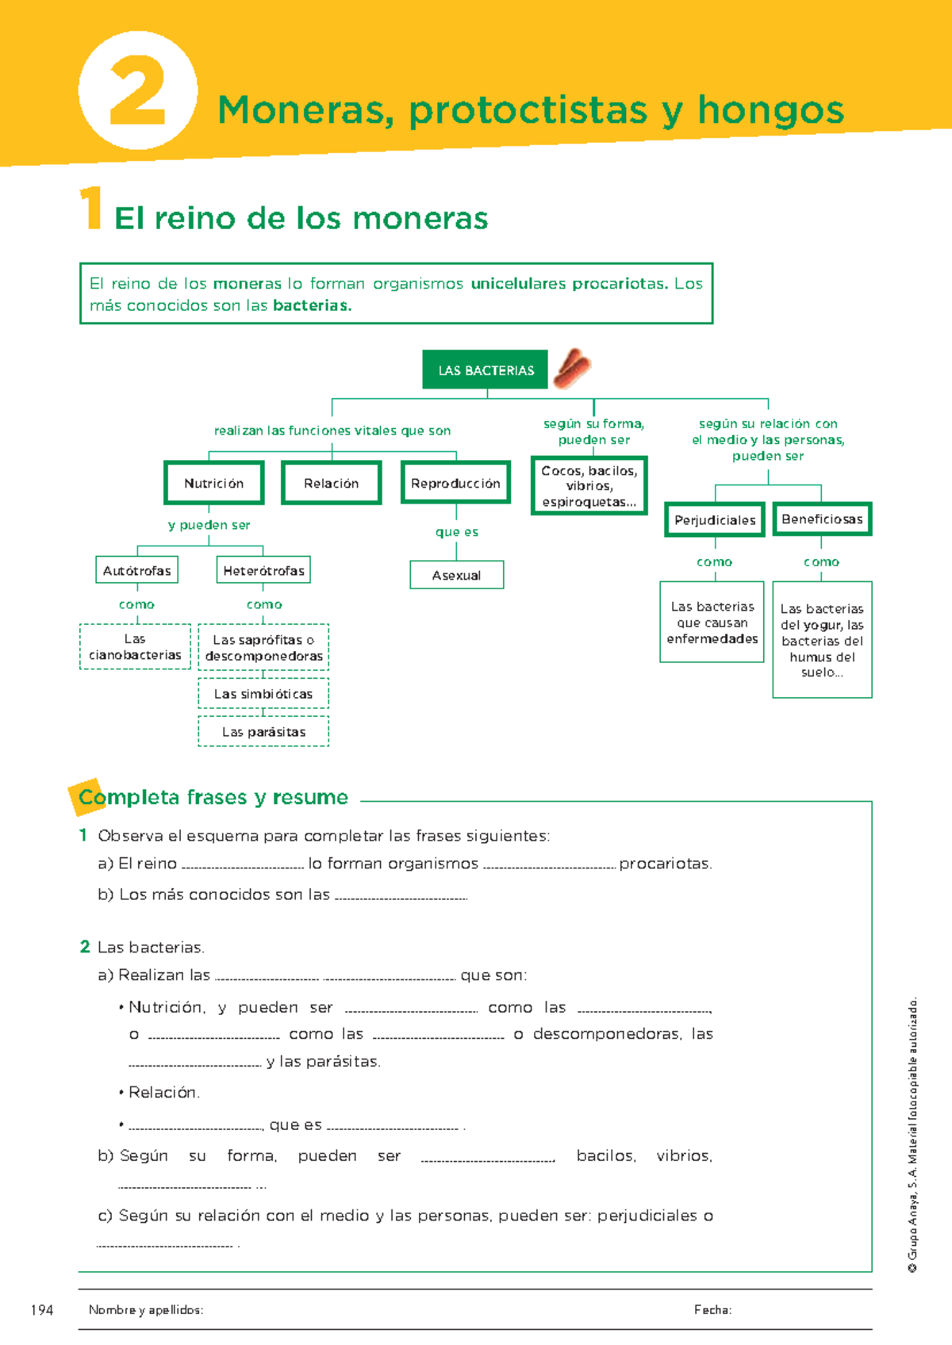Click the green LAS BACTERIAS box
pyautogui.click(x=485, y=370)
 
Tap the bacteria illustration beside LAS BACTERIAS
pyautogui.click(x=572, y=369)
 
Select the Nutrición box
pyautogui.click(x=214, y=483)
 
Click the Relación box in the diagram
pyautogui.click(x=332, y=483)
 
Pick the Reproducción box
pyautogui.click(x=455, y=483)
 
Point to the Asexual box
pyautogui.click(x=456, y=575)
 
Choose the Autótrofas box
pyautogui.click(x=136, y=570)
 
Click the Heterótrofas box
pyautogui.click(x=263, y=570)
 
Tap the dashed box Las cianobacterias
pyautogui.click(x=135, y=647)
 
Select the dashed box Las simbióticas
pyautogui.click(x=263, y=694)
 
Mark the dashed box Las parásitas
pyautogui.click(x=263, y=732)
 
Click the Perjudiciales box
pyautogui.click(x=715, y=520)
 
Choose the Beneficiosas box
pyautogui.click(x=822, y=519)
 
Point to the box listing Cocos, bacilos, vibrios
pyautogui.click(x=589, y=486)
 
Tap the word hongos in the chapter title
pyautogui.click(x=770, y=110)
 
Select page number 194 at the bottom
pyautogui.click(x=41, y=1310)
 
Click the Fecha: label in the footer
pyautogui.click(x=712, y=1310)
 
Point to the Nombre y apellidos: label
pyautogui.click(x=146, y=1310)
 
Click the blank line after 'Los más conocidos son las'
pyautogui.click(x=401, y=897)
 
